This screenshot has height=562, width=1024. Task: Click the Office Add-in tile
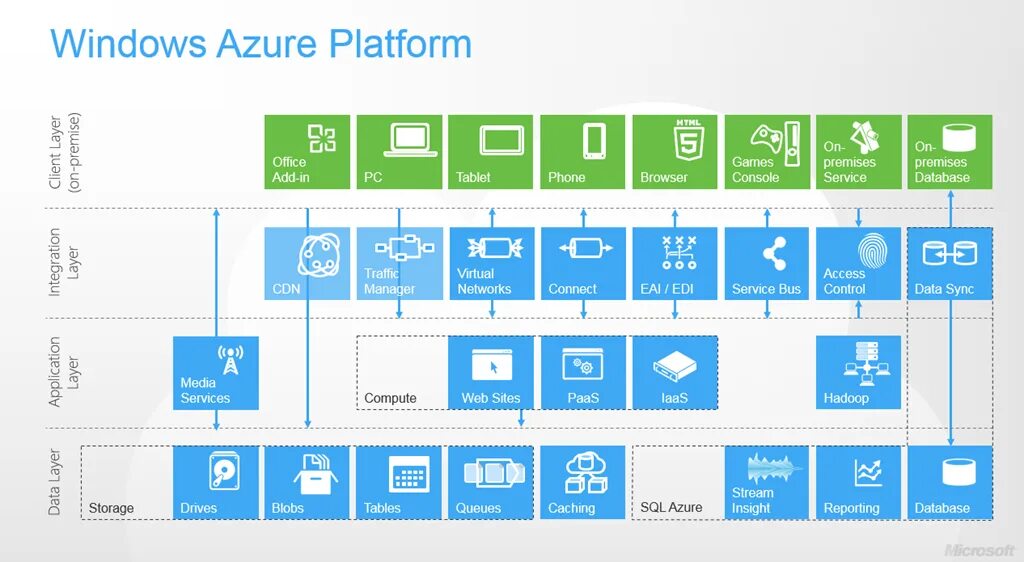click(307, 152)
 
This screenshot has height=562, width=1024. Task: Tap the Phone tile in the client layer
click(582, 152)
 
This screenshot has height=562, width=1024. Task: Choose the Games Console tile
click(766, 152)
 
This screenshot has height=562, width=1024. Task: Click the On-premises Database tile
click(950, 152)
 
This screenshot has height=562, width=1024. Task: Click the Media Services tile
click(216, 373)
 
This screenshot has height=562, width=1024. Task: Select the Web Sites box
click(491, 373)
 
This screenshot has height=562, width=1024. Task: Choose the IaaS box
click(675, 373)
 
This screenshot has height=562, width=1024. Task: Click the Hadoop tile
click(858, 373)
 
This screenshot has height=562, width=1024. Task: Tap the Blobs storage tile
click(307, 483)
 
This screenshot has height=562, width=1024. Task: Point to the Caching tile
click(582, 483)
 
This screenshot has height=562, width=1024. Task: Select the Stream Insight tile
click(766, 483)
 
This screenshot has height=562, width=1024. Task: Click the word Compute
click(390, 398)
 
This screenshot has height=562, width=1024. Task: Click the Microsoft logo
click(980, 550)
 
